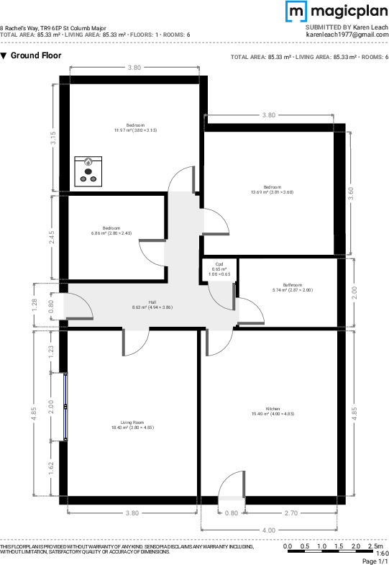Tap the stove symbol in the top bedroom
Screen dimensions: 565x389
click(x=88, y=170)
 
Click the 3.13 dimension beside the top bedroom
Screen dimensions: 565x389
click(x=52, y=138)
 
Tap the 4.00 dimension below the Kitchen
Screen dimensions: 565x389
click(x=268, y=530)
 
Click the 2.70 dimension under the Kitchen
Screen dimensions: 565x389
click(x=291, y=514)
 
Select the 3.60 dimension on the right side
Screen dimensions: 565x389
click(x=350, y=193)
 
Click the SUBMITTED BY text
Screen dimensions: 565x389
click(x=328, y=27)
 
